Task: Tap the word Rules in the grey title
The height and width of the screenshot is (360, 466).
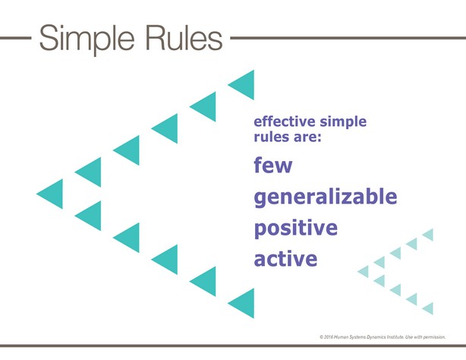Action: pos(184,38)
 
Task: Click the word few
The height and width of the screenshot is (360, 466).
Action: pos(273,165)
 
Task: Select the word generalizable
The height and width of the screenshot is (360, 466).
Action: pos(326,197)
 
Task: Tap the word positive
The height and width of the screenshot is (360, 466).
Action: pos(296,229)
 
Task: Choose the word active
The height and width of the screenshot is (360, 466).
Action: pos(285,258)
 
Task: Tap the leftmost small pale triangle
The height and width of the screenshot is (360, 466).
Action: pos(364,271)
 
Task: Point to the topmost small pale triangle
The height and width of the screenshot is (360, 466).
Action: pos(429,235)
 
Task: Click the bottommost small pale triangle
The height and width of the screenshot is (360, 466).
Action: pos(429,308)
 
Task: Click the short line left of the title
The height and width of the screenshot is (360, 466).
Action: pos(16,38)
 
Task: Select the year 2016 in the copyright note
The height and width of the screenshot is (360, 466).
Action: pos(329,337)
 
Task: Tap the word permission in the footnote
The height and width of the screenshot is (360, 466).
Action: pos(434,337)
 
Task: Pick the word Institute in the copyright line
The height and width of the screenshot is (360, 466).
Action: pos(396,337)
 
